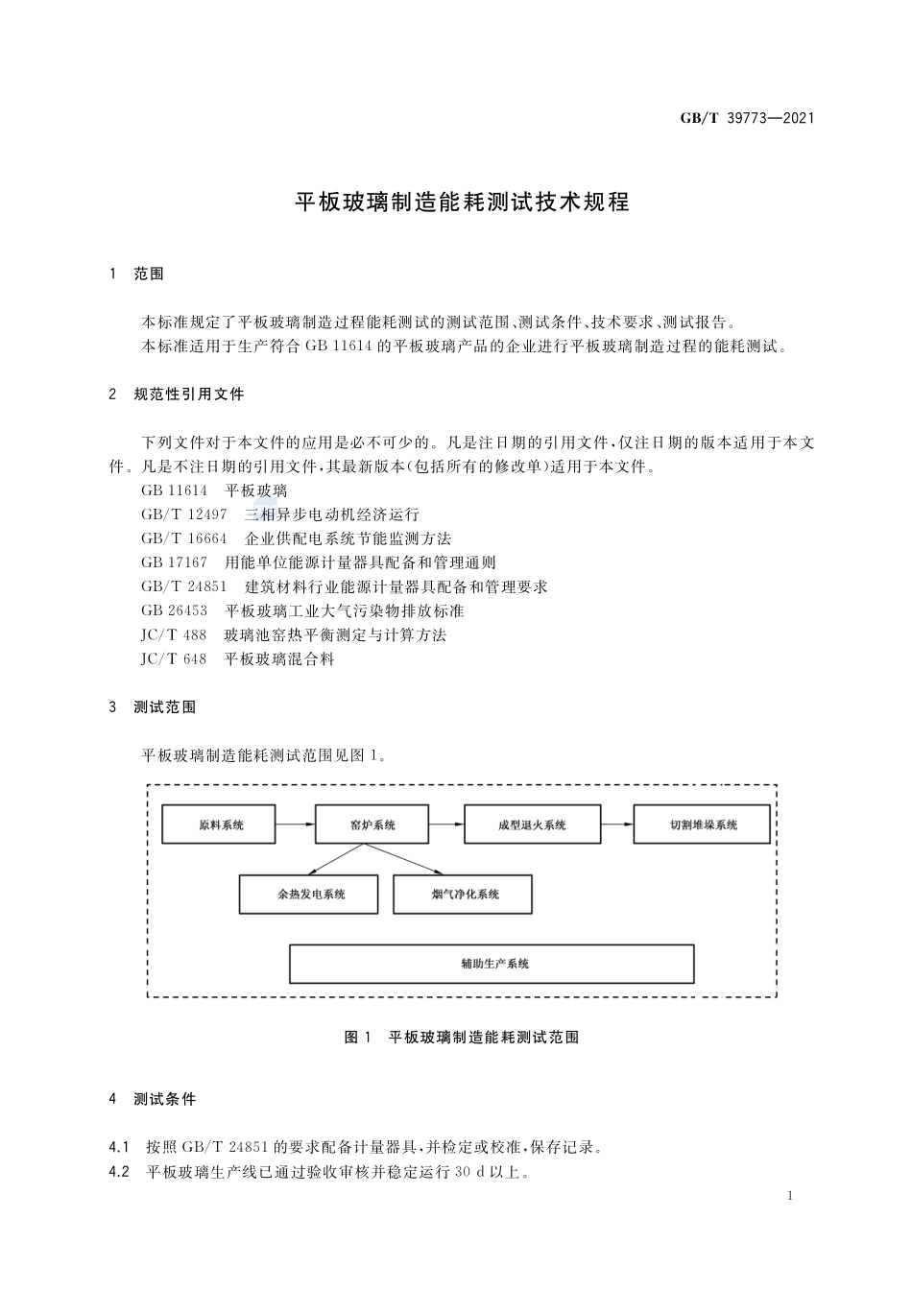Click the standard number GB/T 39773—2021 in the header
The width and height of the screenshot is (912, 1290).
[747, 118]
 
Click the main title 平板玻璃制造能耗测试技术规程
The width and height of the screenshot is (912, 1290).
[461, 203]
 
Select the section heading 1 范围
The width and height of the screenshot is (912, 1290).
[136, 275]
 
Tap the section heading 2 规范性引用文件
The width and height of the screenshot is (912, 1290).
[177, 394]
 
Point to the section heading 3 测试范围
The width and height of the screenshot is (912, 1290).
[153, 707]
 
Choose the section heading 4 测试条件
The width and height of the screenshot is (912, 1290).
[153, 1099]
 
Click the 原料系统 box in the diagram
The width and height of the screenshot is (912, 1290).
[220, 824]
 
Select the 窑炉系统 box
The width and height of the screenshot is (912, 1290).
[372, 824]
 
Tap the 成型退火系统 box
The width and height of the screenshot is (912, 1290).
[532, 824]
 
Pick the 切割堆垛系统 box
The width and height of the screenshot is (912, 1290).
[702, 824]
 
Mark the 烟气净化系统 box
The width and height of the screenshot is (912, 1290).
[463, 895]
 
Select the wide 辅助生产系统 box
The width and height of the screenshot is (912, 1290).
[492, 964]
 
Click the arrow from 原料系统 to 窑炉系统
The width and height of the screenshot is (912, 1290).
[296, 824]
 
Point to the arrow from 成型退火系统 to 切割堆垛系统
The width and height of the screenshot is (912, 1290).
[616, 824]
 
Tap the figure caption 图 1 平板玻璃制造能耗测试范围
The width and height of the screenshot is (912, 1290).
[461, 1038]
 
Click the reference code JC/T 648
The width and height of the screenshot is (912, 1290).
[174, 659]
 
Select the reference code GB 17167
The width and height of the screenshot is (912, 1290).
[174, 562]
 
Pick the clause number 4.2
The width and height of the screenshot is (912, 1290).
[119, 1172]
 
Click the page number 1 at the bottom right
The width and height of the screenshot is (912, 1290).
[789, 1196]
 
